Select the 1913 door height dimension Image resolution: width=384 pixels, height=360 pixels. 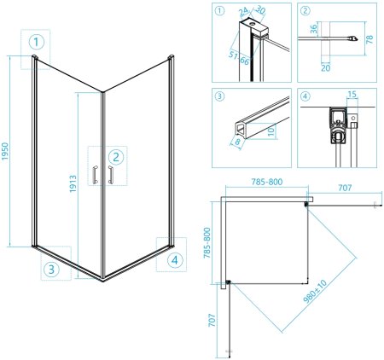tap(73, 183)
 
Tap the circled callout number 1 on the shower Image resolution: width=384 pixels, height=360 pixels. tap(37, 42)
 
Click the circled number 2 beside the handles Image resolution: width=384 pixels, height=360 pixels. tap(116, 157)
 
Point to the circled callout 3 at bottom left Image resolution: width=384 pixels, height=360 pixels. tap(51, 269)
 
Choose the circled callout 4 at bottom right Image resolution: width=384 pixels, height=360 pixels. tap(175, 260)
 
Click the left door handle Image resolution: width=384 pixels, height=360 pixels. tap(96, 175)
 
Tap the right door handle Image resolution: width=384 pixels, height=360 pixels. tap(110, 175)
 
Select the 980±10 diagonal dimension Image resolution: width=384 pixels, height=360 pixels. tap(315, 292)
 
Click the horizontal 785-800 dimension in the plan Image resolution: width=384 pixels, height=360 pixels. tap(267, 182)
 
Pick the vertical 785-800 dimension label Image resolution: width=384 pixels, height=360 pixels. tap(207, 243)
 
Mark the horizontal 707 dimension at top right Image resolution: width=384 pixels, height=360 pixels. tap(345, 188)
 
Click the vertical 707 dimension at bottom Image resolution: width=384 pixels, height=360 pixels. tap(212, 320)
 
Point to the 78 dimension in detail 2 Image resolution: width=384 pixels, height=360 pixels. tap(369, 39)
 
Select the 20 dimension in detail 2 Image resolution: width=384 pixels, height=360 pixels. tap(325, 68)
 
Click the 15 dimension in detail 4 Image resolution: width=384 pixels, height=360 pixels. tap(352, 94)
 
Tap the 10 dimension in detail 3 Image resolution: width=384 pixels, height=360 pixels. tap(271, 131)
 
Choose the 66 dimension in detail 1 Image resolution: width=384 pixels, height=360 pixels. tap(245, 61)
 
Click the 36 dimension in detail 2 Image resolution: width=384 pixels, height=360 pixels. tap(313, 29)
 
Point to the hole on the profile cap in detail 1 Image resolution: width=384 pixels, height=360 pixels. tap(252, 24)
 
